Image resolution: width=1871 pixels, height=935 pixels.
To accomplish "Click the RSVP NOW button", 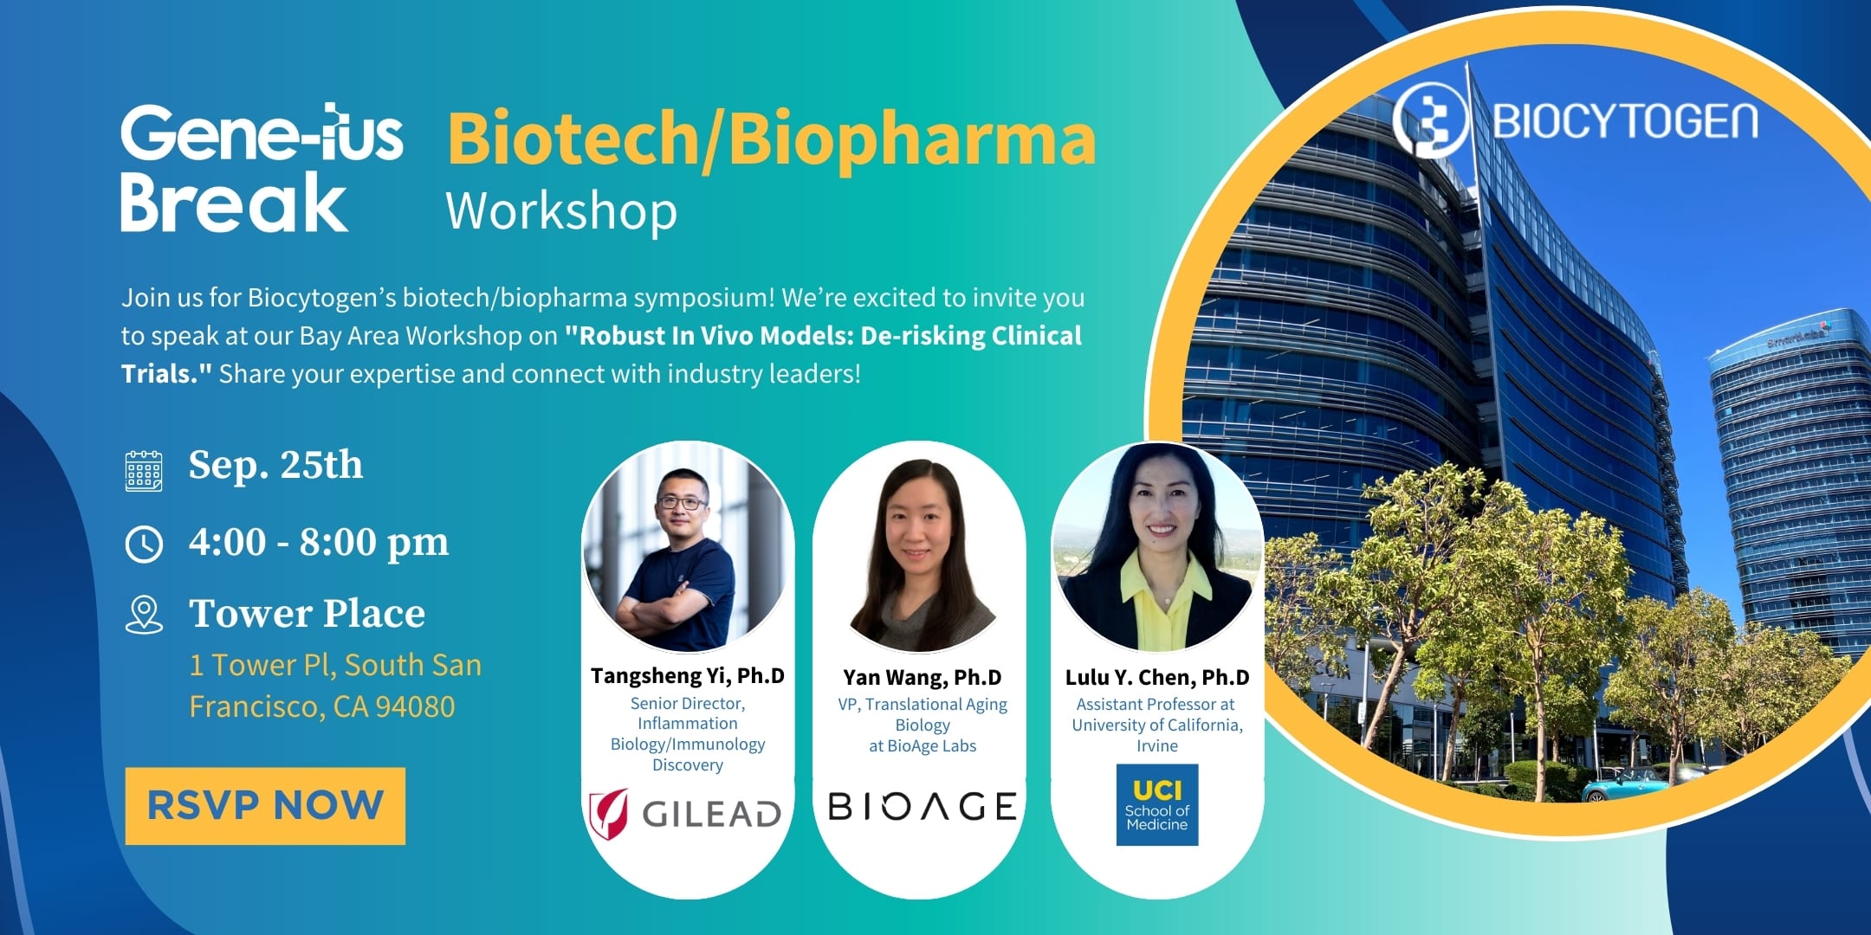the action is tap(265, 805).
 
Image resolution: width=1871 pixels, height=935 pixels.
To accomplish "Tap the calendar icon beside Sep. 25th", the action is tap(144, 471).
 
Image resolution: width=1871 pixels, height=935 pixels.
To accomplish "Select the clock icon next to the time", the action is tap(144, 545).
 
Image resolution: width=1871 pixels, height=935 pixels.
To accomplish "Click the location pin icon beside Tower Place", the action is tap(144, 615).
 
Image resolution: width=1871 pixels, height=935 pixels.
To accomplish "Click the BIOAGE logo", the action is tap(923, 807).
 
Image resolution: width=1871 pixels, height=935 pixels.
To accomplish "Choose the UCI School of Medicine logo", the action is tap(1157, 804).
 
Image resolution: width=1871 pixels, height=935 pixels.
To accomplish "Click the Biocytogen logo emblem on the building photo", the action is tap(1430, 120).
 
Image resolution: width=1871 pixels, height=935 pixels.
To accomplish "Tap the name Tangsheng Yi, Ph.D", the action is tap(688, 675).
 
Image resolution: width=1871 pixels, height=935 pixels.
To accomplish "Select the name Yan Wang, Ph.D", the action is tap(923, 677).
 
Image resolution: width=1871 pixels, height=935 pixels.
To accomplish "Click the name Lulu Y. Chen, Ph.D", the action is tap(1157, 677).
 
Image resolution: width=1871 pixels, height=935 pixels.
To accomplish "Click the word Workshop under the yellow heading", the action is tap(561, 211).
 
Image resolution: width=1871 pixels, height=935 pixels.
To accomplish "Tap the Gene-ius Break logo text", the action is tap(262, 168).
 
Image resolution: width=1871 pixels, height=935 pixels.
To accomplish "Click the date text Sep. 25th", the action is tap(275, 465).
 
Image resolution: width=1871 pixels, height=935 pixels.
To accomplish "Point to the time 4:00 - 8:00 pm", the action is tap(319, 543).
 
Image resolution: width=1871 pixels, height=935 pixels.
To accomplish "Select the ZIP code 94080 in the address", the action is tap(415, 706).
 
